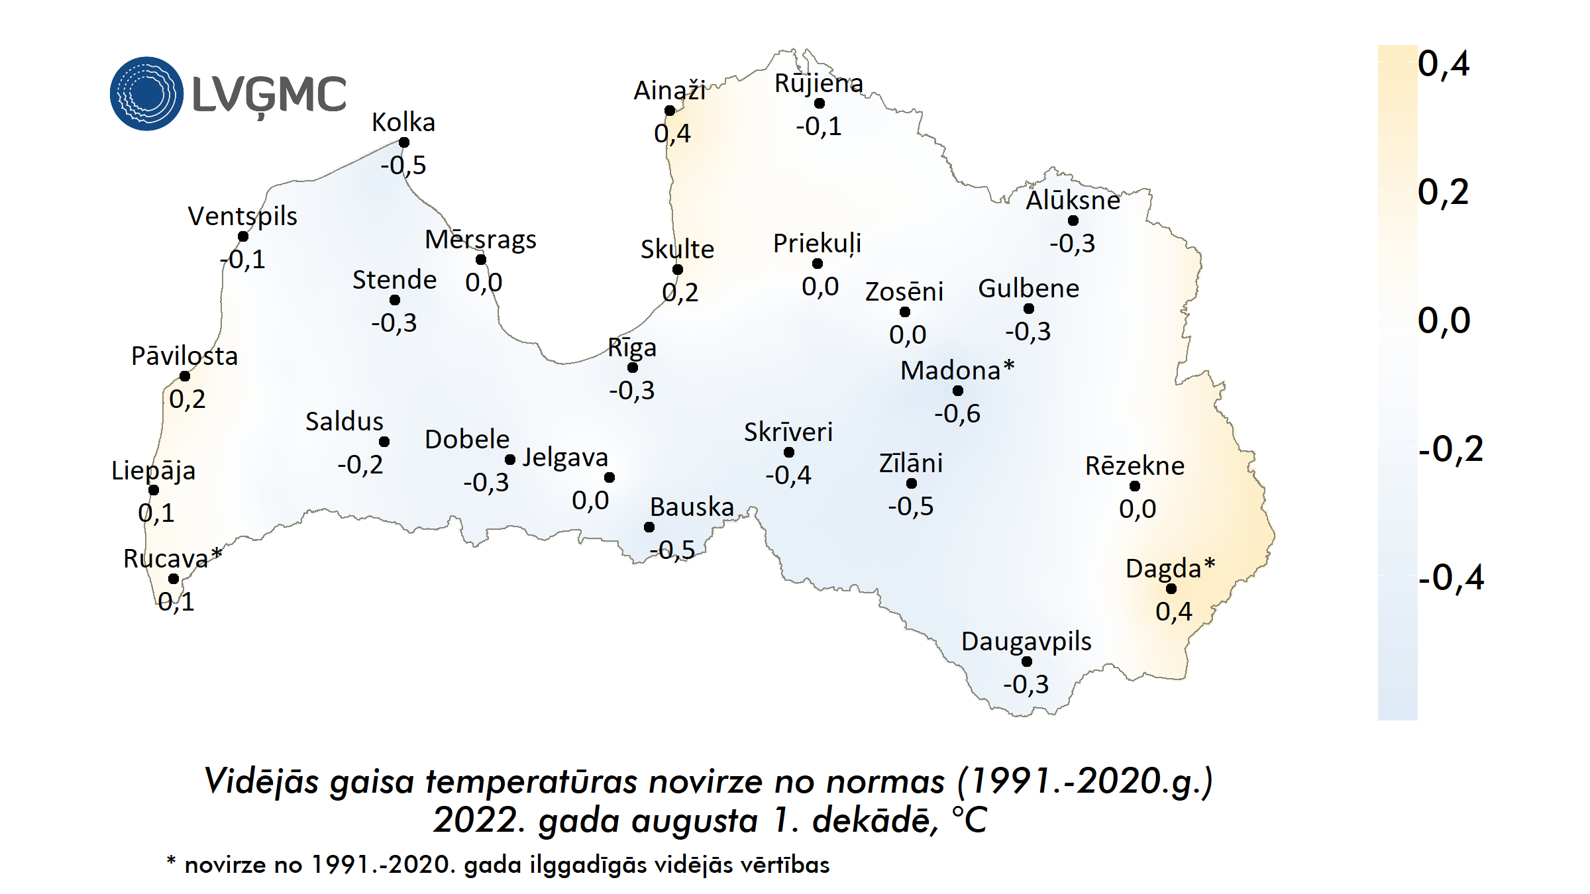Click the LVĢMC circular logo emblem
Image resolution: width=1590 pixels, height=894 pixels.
146,93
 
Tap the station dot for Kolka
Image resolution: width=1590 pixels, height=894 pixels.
404,142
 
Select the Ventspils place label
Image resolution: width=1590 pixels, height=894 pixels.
242,216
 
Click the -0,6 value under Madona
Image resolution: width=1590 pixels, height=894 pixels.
957,414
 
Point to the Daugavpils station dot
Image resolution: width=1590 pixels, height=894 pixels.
1027,662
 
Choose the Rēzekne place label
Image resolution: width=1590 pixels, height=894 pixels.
1134,466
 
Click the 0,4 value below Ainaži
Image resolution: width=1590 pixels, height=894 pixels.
672,134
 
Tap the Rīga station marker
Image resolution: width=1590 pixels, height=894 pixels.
633,368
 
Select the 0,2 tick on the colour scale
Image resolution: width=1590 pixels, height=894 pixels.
1443,193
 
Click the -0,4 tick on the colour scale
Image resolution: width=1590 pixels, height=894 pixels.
1451,577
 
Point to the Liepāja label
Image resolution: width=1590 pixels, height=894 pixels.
153,471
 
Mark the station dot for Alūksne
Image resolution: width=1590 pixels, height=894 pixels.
1073,221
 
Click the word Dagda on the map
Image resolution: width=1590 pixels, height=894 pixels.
1163,569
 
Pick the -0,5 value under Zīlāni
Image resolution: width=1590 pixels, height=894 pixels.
910,507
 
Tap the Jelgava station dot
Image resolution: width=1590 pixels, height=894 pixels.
609,477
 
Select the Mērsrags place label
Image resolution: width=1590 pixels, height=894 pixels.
480,240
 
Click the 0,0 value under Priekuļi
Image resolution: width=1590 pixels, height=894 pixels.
820,287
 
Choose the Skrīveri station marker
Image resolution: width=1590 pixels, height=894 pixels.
789,452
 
